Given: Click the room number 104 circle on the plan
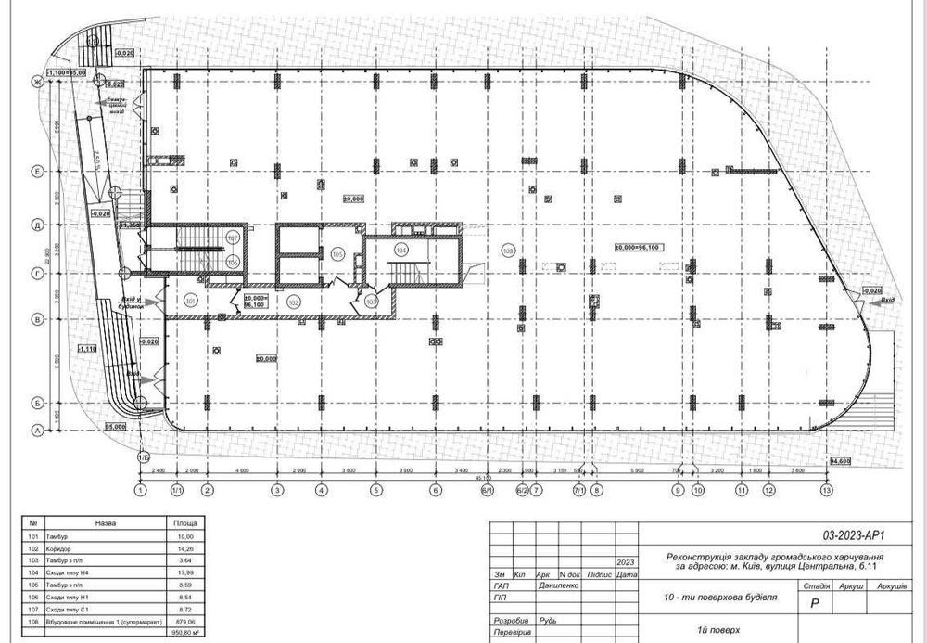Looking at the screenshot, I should point(401,250).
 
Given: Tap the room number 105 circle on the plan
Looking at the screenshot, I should point(337,252).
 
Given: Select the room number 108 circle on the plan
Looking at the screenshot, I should point(507,251).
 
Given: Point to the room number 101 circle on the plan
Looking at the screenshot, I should point(190,301).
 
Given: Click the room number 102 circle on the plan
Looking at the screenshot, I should point(294,301).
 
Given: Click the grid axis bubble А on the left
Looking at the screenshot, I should point(38,431).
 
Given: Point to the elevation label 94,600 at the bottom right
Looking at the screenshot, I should point(840,461).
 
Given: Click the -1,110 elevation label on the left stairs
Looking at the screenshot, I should point(88,348).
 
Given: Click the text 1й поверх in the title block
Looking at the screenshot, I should point(729,629).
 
